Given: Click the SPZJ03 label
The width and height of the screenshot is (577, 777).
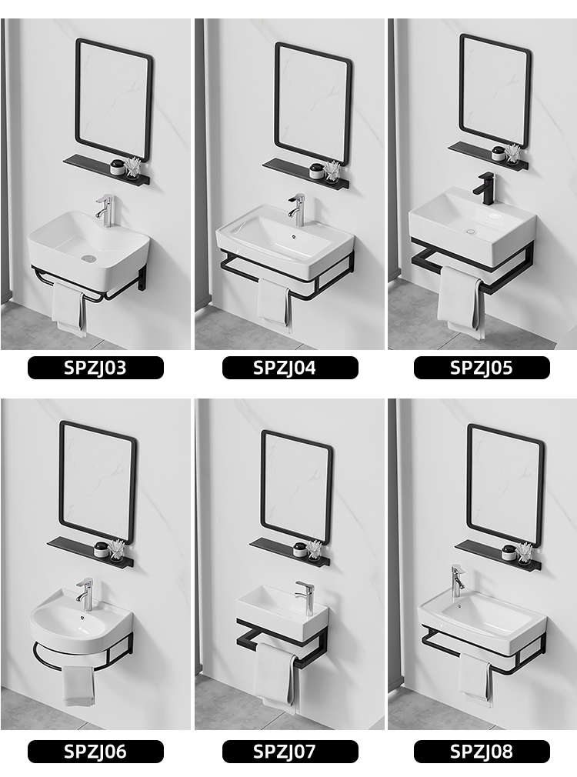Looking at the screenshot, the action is tap(95, 368).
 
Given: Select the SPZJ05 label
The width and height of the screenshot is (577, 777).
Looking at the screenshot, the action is tap(482, 368).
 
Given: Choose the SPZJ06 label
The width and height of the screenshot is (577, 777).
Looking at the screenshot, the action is tap(95, 752).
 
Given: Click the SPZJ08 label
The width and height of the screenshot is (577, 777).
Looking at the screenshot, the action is tap(482, 752).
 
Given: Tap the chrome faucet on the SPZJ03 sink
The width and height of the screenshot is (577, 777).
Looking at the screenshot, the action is tap(105, 211).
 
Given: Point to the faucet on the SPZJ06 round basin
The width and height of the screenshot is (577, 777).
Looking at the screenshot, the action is tap(85, 594).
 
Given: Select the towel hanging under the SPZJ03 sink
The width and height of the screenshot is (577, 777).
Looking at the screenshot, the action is tap(68, 308).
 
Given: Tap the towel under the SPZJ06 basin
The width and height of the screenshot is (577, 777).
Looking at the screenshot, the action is tap(78, 685).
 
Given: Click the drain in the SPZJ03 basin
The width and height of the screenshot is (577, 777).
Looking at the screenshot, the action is tap(88, 258).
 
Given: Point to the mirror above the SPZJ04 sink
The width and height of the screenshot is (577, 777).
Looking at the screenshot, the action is tap(313, 103).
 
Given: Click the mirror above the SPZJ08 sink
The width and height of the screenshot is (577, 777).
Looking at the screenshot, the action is tap(505, 485).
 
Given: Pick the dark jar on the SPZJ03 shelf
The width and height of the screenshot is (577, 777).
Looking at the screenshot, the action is tap(118, 168).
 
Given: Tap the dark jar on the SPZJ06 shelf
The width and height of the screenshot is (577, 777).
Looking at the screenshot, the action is tap(102, 549).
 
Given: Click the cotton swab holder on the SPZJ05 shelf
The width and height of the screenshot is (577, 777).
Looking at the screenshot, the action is tap(513, 154).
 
